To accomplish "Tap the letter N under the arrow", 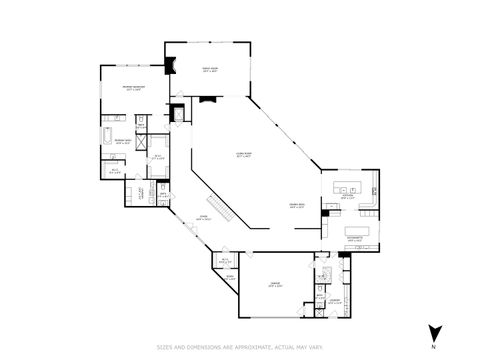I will [433, 347].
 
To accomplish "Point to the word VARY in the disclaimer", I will [312, 348].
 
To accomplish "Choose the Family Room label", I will [209, 70].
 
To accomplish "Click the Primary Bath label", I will [122, 141].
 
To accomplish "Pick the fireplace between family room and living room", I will [208, 99].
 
